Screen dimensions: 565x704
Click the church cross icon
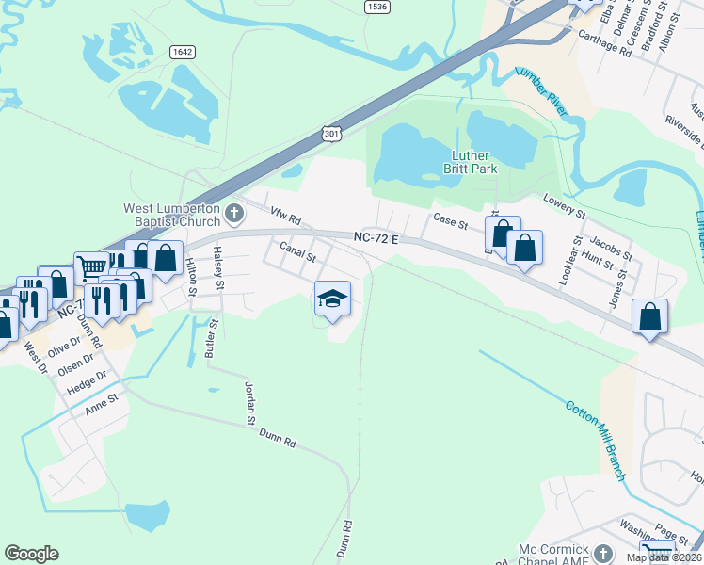pos(234,215)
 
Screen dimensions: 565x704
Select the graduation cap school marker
pos(331,299)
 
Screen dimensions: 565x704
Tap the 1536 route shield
pos(377,7)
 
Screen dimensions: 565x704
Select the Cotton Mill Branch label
pos(596,441)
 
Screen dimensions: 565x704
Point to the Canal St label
pos(297,252)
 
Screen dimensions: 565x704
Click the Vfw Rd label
pos(284,218)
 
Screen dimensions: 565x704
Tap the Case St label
pos(450,221)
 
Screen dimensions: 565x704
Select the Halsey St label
pos(219,266)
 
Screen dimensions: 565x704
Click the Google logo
pos(31,554)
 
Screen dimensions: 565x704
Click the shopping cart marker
pos(90,267)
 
